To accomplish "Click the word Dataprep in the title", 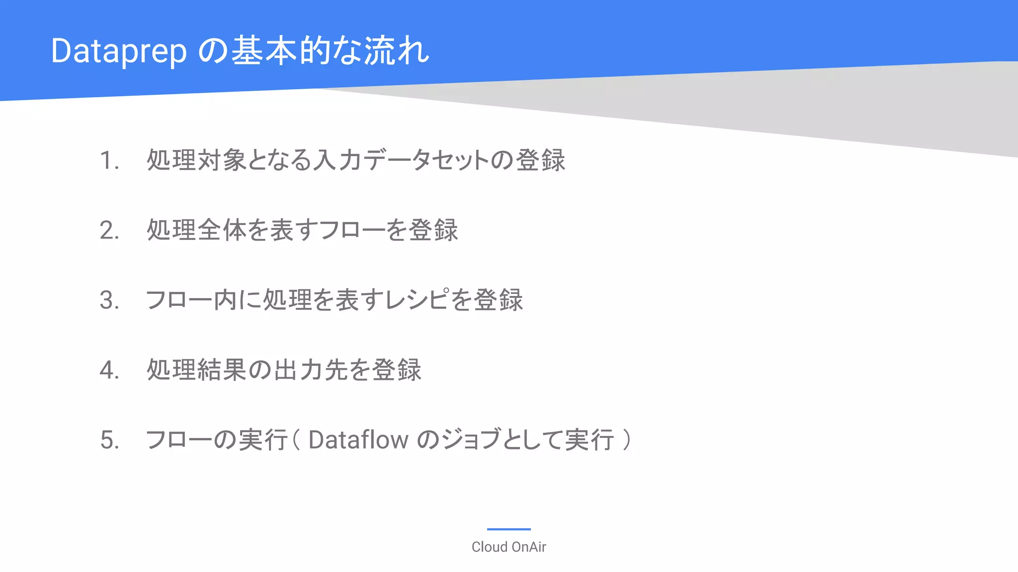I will click(119, 51).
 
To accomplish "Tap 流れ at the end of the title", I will click(397, 51).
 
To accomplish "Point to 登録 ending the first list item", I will click(540, 160).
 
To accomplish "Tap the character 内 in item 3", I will click(225, 300).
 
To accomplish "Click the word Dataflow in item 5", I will click(358, 440).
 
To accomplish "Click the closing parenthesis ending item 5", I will click(627, 439).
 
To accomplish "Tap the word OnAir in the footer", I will click(528, 547).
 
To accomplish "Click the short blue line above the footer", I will click(509, 529).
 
